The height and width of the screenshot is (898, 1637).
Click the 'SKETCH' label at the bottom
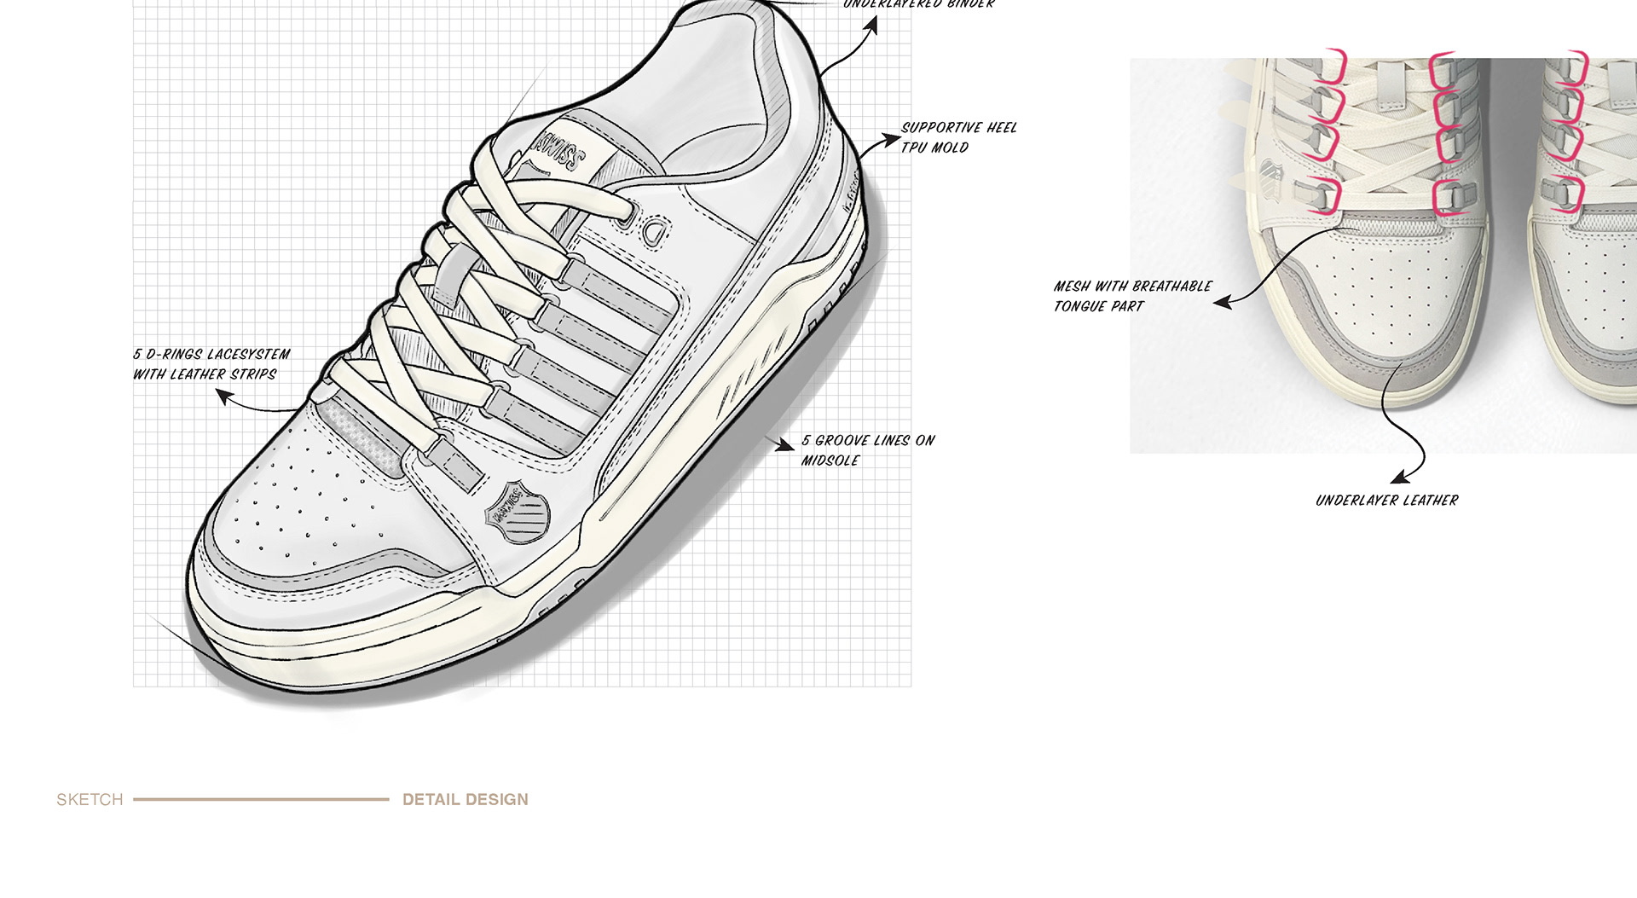90,800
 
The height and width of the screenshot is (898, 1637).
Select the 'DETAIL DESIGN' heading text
465,800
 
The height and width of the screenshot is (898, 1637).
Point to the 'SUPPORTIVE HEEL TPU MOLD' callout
958,137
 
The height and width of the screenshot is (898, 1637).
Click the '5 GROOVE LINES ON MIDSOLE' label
867,450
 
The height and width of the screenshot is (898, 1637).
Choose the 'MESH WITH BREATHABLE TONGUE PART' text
1131,296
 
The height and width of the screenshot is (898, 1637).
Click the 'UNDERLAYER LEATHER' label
1386,501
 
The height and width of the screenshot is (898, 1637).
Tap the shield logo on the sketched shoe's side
517,512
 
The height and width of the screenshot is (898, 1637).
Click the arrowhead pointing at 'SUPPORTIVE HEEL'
892,138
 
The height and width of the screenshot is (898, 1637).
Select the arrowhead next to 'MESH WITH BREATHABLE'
1223,302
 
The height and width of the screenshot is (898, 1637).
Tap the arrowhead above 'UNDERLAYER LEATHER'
1398,477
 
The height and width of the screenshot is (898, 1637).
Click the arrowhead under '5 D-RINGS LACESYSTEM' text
224,396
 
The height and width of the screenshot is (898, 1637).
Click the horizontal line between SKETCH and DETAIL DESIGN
261,800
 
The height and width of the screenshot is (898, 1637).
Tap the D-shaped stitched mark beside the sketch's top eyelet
653,231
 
